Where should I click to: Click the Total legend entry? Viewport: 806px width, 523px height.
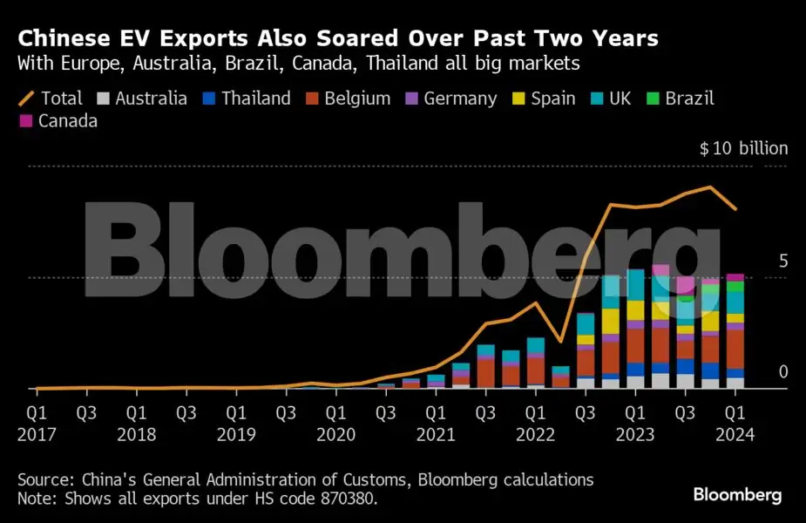[x=51, y=98]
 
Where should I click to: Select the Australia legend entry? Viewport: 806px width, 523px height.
[x=140, y=98]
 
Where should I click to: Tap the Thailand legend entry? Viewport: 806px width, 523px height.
[x=246, y=98]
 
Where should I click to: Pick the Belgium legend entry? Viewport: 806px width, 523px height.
[x=347, y=98]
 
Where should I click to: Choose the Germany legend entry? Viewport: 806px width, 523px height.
[x=450, y=98]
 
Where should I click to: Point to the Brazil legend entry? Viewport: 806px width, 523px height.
[x=680, y=98]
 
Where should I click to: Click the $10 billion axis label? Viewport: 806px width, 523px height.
[x=743, y=149]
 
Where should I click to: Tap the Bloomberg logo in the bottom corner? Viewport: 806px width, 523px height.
[x=737, y=495]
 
